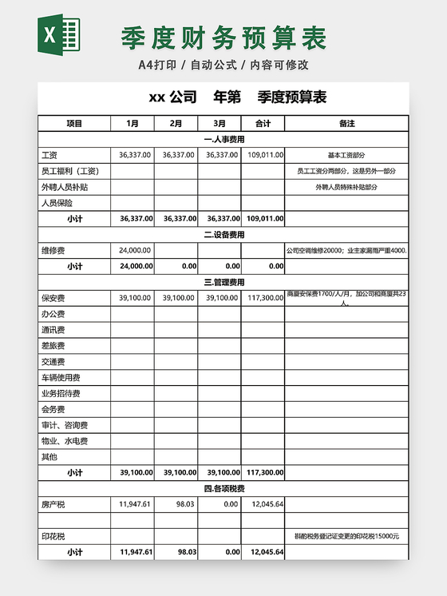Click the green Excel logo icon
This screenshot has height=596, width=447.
click(59, 36)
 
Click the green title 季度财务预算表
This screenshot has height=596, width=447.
click(223, 37)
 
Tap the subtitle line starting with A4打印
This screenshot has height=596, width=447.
click(223, 65)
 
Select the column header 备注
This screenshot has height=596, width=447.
click(346, 124)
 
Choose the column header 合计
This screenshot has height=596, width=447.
click(263, 124)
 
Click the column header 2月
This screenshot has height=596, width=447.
click(176, 124)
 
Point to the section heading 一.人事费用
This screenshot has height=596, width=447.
click(223, 139)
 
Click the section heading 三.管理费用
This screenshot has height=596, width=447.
click(223, 282)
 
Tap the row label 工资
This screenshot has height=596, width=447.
click(49, 155)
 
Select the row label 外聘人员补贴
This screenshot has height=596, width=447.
click(65, 187)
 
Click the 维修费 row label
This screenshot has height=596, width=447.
click(53, 250)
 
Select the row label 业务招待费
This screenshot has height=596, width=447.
click(61, 393)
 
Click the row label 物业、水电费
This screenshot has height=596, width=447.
click(65, 441)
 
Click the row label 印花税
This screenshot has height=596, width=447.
click(53, 536)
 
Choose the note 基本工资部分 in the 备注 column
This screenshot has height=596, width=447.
click(346, 155)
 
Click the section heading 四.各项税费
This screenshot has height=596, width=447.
click(223, 488)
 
